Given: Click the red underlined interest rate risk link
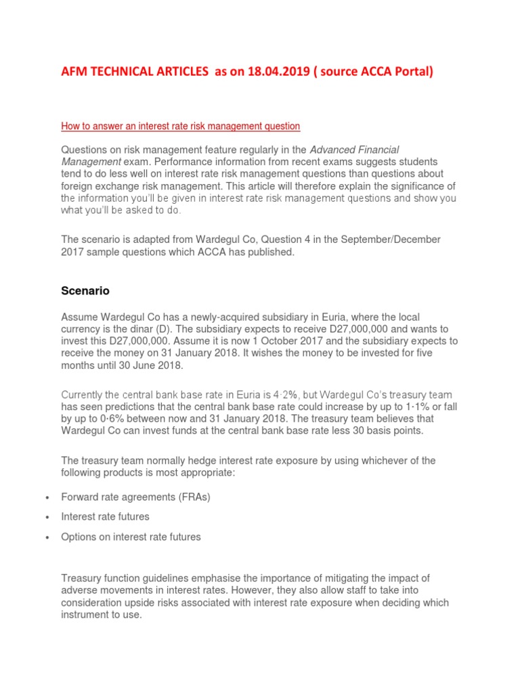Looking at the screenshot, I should [x=180, y=126].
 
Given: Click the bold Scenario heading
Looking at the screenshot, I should [x=85, y=291].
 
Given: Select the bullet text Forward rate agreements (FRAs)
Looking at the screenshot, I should [x=135, y=497].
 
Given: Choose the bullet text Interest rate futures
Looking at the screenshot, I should [x=105, y=516].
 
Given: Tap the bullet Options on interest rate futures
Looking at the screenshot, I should [x=131, y=537].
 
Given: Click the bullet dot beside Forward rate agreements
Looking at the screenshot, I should [x=47, y=497].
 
